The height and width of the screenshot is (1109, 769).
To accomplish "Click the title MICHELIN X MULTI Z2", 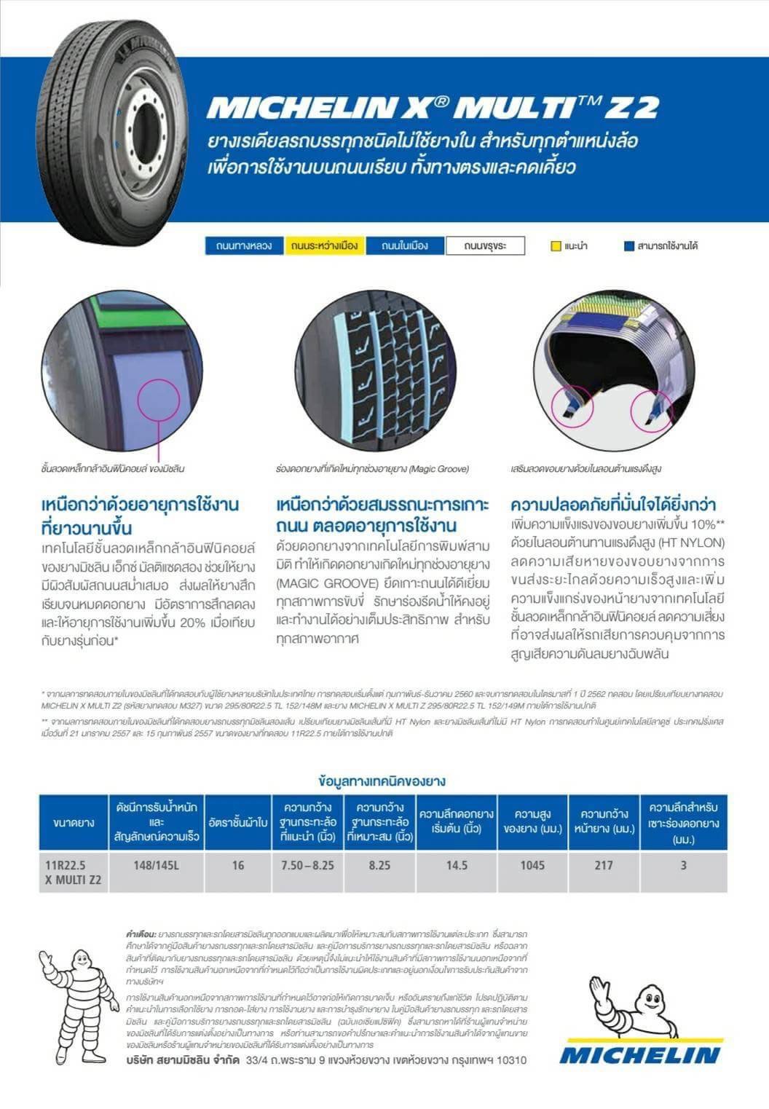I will click(x=433, y=107).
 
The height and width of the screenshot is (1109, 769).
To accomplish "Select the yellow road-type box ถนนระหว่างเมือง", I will click(x=324, y=246).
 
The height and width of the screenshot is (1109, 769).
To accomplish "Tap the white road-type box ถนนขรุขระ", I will click(x=485, y=246).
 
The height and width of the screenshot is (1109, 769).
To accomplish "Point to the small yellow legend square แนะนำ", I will click(x=556, y=246).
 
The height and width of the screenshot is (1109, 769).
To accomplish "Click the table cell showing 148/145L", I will click(x=157, y=865).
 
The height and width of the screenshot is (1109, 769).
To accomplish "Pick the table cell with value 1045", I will click(x=532, y=865).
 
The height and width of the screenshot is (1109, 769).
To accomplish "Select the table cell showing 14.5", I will click(x=457, y=865).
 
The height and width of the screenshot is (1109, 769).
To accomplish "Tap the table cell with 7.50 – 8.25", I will click(x=307, y=865).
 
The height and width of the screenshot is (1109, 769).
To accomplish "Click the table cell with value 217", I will click(x=603, y=865).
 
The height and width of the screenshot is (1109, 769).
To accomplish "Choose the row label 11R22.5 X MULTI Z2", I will click(x=74, y=872).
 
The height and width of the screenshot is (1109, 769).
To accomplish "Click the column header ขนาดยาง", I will click(x=74, y=823).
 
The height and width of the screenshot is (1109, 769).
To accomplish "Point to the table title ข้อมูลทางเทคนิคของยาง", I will click(x=382, y=781).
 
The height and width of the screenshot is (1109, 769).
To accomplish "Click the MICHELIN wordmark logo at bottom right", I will click(x=639, y=1054).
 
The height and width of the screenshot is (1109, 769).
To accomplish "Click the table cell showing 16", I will click(x=238, y=865).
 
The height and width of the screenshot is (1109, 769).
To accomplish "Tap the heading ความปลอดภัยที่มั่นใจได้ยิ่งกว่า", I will click(x=613, y=505).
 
